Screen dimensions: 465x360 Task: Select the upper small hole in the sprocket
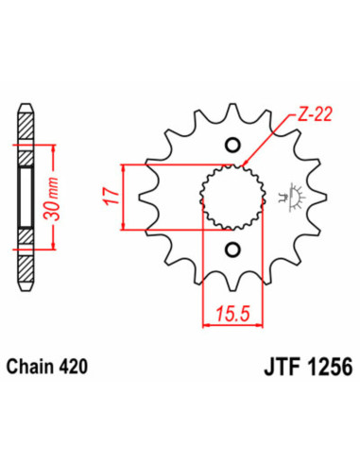pyautogui.click(x=231, y=145)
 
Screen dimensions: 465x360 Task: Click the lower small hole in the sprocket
pyautogui.click(x=231, y=250)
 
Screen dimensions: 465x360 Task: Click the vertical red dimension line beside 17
pyautogui.click(x=126, y=197)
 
